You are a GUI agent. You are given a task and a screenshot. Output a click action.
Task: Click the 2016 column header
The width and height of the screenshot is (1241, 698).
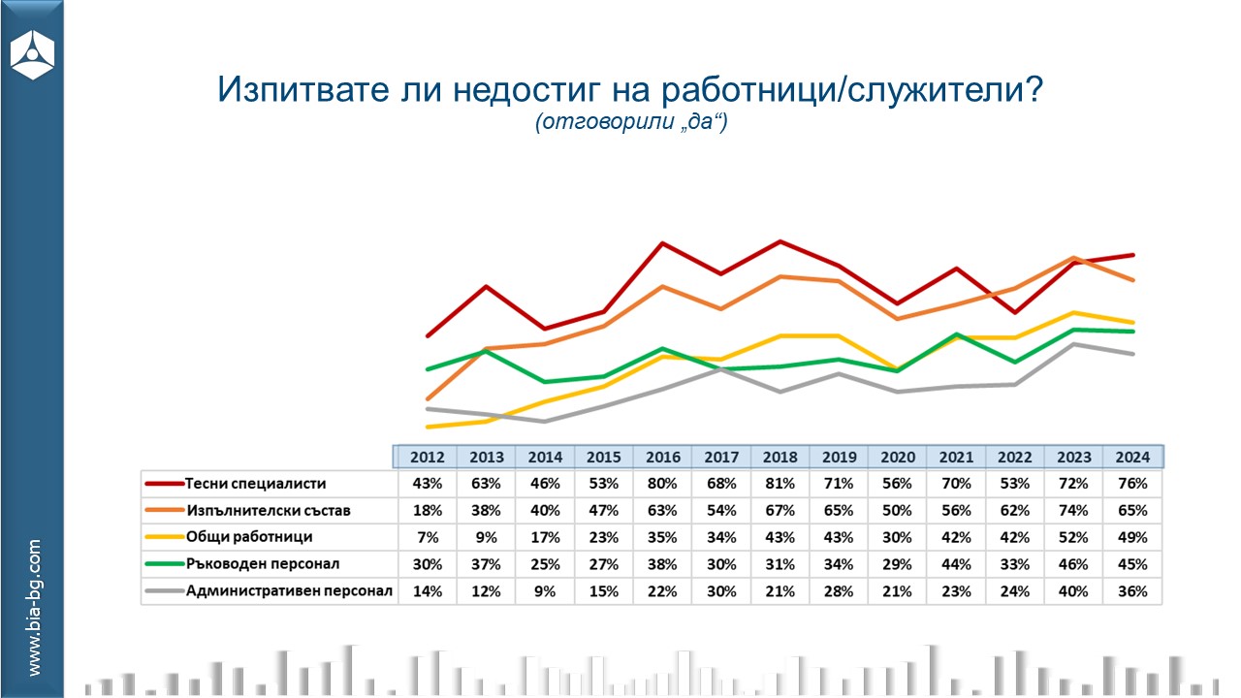(663, 457)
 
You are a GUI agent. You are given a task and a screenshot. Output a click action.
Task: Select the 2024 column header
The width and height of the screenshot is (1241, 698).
(1132, 457)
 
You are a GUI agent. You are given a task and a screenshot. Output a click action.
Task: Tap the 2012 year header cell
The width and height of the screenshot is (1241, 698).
(428, 457)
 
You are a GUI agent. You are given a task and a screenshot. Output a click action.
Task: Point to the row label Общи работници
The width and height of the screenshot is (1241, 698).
(251, 537)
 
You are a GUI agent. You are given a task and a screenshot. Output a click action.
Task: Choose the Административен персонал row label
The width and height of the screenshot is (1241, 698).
(289, 591)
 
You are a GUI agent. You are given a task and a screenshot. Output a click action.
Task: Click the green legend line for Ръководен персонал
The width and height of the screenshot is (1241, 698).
(164, 564)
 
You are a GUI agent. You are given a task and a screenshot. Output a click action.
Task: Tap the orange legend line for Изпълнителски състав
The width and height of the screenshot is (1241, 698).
(164, 510)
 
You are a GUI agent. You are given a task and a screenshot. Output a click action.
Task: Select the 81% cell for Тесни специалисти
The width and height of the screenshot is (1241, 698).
(780, 483)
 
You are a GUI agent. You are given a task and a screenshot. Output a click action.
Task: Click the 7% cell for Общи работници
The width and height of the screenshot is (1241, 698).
(428, 537)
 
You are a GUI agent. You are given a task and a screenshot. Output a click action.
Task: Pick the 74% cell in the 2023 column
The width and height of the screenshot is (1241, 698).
(1073, 510)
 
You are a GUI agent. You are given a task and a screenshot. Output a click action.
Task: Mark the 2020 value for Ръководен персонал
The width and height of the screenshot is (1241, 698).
(898, 564)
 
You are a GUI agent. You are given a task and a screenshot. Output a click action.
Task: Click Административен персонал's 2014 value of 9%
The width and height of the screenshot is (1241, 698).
(545, 591)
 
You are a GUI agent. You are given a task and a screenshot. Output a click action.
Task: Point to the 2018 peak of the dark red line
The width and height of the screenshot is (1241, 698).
(780, 241)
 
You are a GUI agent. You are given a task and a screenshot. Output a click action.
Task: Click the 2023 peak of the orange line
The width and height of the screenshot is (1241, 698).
(1073, 258)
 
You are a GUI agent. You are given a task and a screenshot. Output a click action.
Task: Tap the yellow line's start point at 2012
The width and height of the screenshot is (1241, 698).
(428, 427)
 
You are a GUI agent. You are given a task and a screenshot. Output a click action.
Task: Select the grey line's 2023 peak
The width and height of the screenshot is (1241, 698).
(1073, 344)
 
